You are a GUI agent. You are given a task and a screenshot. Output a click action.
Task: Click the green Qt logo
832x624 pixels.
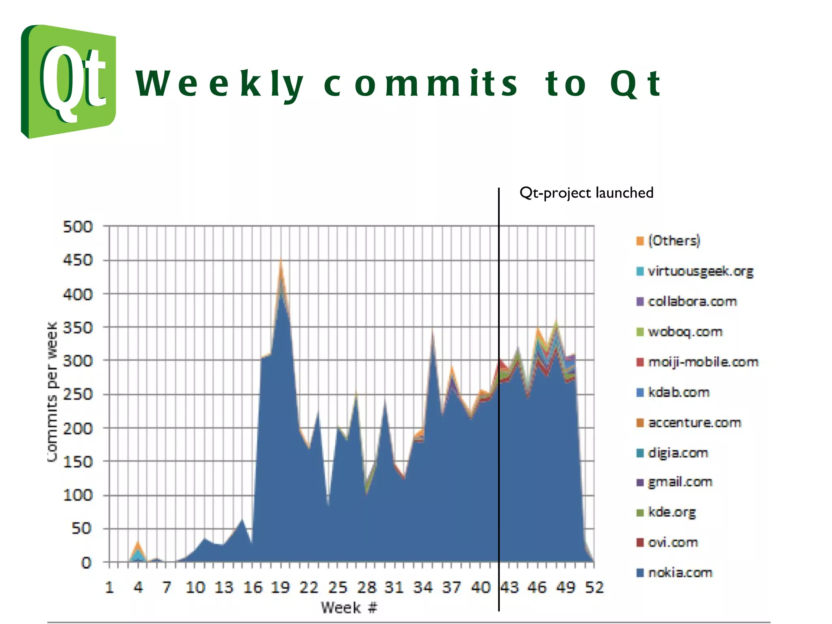pyautogui.click(x=68, y=81)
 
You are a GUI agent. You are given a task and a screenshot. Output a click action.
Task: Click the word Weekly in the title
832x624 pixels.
pyautogui.click(x=219, y=84)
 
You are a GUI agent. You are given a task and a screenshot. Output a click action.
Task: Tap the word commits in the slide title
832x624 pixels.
pyautogui.click(x=420, y=84)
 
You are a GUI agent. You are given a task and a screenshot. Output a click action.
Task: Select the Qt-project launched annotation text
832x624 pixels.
pyautogui.click(x=586, y=193)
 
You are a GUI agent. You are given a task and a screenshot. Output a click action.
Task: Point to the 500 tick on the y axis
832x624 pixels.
pyautogui.click(x=78, y=227)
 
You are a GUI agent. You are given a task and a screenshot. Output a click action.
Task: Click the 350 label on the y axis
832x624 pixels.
pyautogui.click(x=78, y=327)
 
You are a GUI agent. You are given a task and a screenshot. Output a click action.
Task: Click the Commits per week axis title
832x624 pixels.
pyautogui.click(x=52, y=392)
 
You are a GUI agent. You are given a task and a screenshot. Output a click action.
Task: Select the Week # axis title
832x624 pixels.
pyautogui.click(x=349, y=608)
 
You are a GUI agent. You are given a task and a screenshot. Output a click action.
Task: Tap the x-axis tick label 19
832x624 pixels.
pyautogui.click(x=280, y=587)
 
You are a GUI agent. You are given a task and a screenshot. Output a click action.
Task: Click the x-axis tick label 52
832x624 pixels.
pyautogui.click(x=594, y=587)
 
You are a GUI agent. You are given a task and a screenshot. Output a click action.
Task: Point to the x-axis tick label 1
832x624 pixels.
pyautogui.click(x=109, y=587)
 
